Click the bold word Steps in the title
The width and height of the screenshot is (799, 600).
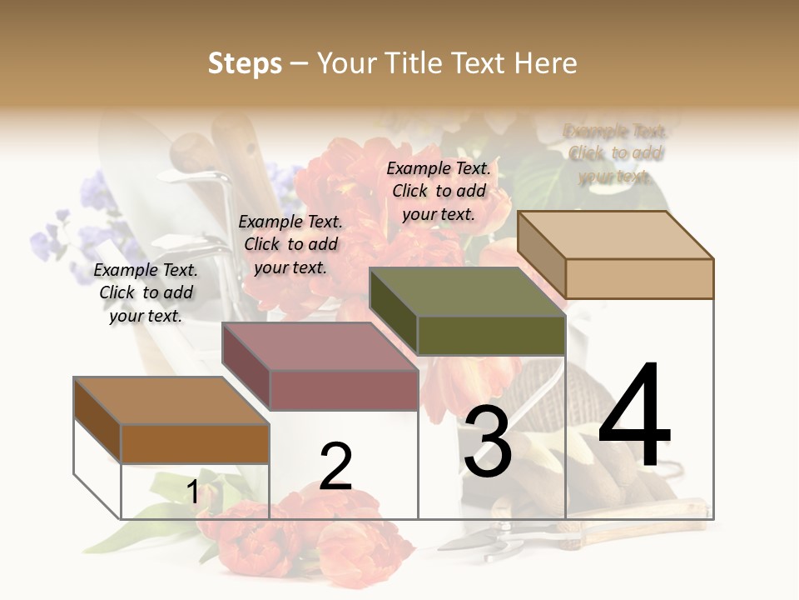245,63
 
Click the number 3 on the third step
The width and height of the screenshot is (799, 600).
488,442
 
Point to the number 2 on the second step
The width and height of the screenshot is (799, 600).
335,467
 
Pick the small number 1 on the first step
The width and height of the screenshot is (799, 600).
193,492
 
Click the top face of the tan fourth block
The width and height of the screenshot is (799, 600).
616,235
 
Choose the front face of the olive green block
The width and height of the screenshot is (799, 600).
491,335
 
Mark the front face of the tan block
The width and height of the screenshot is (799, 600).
639,278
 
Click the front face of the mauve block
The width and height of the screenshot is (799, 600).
343,390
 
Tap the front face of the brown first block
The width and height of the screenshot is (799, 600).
195,443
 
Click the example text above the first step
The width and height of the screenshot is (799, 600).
146,292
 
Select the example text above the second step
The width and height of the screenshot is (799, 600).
290,244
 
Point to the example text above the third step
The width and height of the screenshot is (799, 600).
439,191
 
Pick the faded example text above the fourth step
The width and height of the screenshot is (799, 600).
615,153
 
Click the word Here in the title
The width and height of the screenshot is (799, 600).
546,63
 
